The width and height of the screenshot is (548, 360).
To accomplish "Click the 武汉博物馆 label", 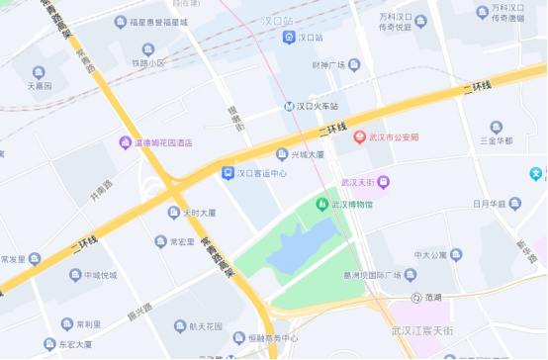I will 351,205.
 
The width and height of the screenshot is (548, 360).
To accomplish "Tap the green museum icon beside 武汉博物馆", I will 321,204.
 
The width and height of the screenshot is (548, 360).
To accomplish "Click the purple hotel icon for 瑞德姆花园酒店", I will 125,142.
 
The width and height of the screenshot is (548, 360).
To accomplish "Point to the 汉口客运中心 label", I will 262,172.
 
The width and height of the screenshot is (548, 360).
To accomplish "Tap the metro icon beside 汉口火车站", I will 287,106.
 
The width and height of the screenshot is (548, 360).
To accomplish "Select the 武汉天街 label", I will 358,182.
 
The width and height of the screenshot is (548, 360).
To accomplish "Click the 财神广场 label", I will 326,66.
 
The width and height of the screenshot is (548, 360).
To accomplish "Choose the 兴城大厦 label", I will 307,154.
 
